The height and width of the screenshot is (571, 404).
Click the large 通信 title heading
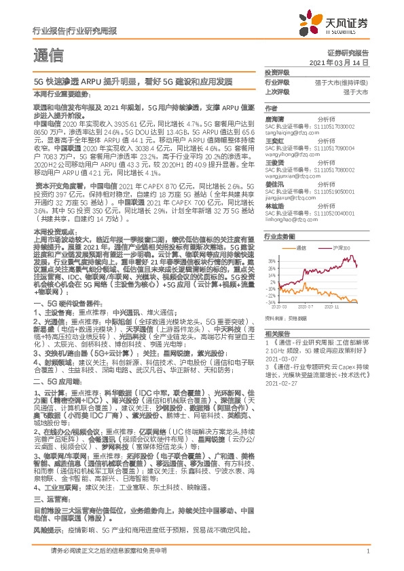(48, 55)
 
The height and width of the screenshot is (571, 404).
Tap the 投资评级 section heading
(277, 72)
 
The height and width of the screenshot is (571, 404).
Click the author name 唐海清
(274, 117)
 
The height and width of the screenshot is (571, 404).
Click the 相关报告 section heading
(277, 333)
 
